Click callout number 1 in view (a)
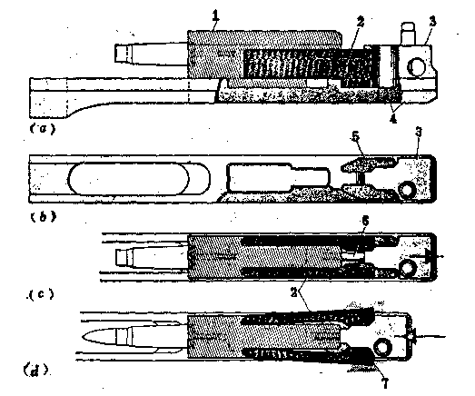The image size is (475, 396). tap(215, 15)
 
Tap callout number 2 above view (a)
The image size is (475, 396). tap(360, 21)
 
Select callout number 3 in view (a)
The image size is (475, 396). tap(432, 22)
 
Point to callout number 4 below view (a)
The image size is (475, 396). tap(393, 119)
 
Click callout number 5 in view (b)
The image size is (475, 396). tap(355, 136)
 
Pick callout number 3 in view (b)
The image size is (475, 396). tap(419, 132)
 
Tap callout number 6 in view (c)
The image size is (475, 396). tap(365, 222)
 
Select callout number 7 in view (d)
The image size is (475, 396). tap(385, 383)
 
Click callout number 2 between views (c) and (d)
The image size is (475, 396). tap(293, 292)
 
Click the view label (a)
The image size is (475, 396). tap(43, 129)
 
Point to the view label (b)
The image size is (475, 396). tap(44, 217)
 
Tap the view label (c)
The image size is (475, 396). tap(41, 294)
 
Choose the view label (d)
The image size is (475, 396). tap(36, 371)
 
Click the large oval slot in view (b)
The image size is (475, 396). tap(129, 180)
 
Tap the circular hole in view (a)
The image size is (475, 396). tap(417, 67)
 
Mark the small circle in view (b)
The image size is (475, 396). tap(407, 190)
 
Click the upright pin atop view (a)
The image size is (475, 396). tap(408, 34)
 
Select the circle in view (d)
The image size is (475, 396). tap(382, 346)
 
